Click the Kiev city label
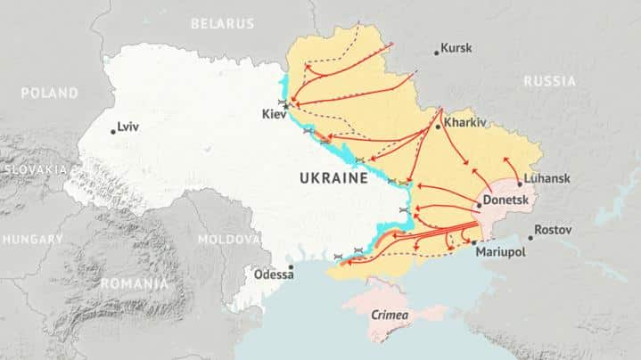click(x=274, y=115)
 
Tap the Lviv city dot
click(x=113, y=131)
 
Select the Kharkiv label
click(x=464, y=122)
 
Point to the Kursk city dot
click(x=437, y=53)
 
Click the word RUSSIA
click(x=549, y=81)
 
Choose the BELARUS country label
click(x=222, y=24)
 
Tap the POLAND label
click(x=49, y=93)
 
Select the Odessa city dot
click(x=291, y=266)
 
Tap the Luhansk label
click(x=546, y=178)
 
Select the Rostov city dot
click(x=531, y=237)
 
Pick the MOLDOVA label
click(x=229, y=240)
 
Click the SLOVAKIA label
click(x=34, y=168)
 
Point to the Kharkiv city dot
click(x=438, y=127)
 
